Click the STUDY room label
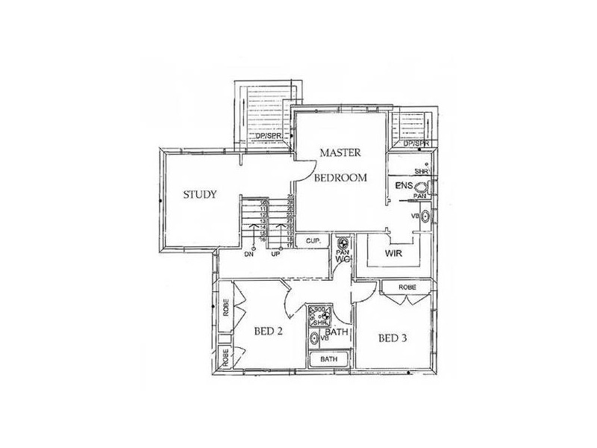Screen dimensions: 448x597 tap(200, 196)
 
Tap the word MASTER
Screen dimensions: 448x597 tap(340, 153)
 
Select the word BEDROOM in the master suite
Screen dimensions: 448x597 tap(340, 178)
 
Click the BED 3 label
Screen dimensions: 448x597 tap(393, 338)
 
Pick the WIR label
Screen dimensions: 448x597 tap(394, 254)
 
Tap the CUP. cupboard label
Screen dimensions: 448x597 tap(313, 241)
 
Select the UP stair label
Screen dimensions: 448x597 tap(275, 254)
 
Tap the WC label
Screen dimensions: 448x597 tap(343, 260)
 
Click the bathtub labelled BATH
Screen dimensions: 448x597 tap(328, 359)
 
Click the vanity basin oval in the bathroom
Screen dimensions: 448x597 tap(315, 338)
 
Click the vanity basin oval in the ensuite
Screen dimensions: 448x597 tap(425, 217)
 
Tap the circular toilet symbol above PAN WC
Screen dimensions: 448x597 tap(343, 243)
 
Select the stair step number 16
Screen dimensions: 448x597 tap(263, 239)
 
